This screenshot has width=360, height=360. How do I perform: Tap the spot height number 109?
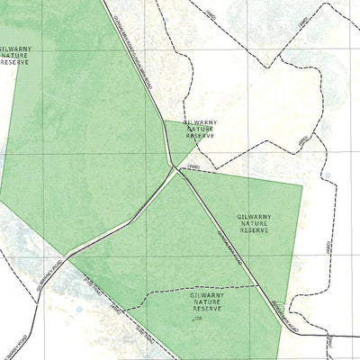[x=195, y=318]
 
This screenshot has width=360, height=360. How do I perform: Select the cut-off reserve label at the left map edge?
[x=15, y=55]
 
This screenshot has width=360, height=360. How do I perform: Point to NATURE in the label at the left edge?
[x=17, y=56]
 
